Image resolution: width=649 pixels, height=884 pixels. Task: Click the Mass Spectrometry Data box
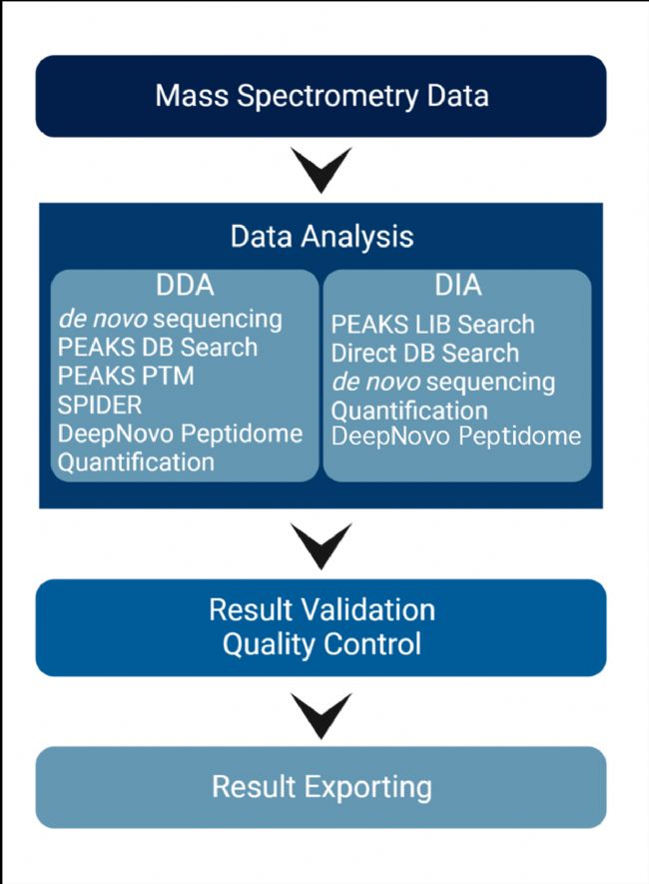click(322, 96)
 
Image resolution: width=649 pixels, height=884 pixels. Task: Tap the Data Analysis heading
click(322, 236)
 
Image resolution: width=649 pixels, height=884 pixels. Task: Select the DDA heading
click(185, 286)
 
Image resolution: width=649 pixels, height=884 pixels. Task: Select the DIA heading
click(458, 286)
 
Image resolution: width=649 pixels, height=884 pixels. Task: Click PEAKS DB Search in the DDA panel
click(157, 348)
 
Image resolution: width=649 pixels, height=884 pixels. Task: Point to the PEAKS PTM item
click(126, 376)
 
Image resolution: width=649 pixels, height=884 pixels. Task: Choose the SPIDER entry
click(100, 405)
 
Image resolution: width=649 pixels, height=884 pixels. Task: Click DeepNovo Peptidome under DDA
click(180, 435)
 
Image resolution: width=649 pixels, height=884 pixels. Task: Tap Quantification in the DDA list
click(136, 462)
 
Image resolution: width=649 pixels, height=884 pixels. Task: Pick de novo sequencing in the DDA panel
click(170, 319)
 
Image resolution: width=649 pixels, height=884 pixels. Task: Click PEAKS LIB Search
click(432, 325)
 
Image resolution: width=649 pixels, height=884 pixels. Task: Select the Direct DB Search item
click(424, 354)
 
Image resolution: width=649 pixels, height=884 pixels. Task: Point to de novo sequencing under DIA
click(443, 383)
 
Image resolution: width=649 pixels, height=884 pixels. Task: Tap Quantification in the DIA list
click(409, 411)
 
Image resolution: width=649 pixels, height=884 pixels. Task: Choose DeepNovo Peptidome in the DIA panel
click(455, 437)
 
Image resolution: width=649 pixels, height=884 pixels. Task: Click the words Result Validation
click(322, 610)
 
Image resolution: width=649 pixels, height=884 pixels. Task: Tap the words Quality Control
click(322, 644)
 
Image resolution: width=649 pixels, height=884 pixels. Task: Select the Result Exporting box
click(322, 787)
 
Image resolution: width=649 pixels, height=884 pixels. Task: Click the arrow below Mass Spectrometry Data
click(322, 169)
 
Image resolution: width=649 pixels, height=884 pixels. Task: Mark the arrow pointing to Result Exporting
click(322, 715)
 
